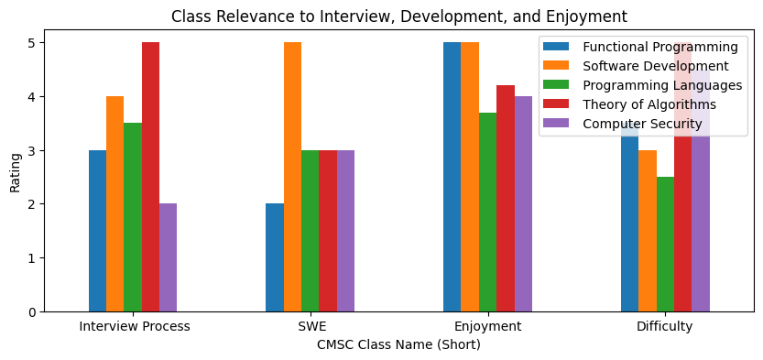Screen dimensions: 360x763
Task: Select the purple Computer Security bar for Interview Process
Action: coord(168,257)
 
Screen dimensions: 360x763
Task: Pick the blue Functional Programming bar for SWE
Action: coord(275,257)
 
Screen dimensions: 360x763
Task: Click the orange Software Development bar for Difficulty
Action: coord(647,231)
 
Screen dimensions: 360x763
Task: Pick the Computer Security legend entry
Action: coord(642,124)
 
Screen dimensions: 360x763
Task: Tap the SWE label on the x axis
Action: coord(311,327)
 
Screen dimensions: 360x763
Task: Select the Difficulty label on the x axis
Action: coord(664,327)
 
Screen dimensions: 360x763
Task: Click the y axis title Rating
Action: coord(15,171)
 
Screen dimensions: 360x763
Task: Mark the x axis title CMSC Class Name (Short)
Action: coord(398,345)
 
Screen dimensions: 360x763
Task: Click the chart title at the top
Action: coord(398,16)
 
